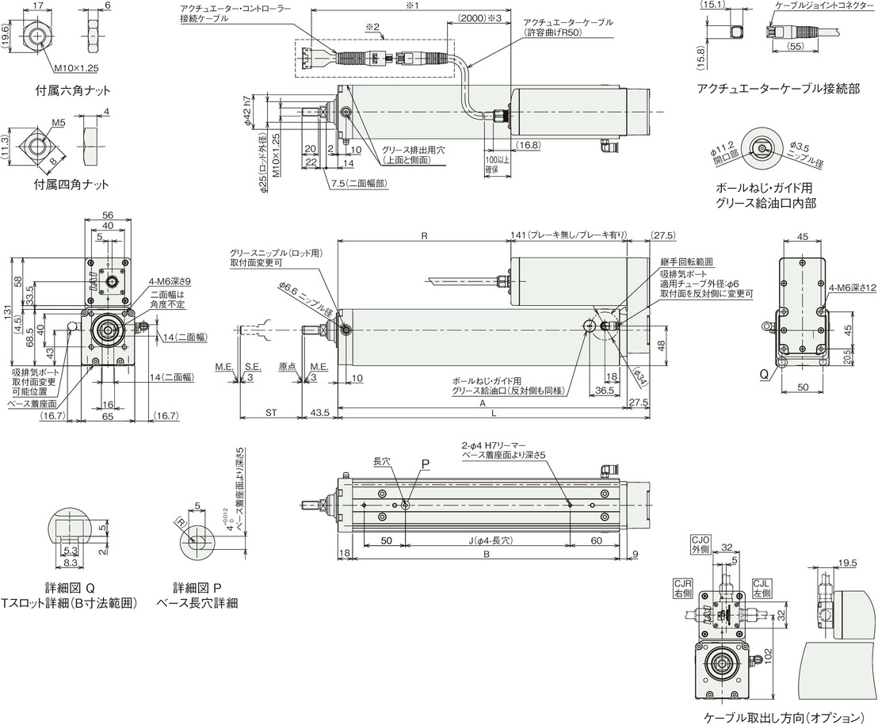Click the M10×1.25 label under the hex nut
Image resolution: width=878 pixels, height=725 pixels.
coord(76,68)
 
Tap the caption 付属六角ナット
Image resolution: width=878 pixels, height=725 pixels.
coord(73,90)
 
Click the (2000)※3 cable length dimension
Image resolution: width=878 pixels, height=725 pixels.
coord(479,18)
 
